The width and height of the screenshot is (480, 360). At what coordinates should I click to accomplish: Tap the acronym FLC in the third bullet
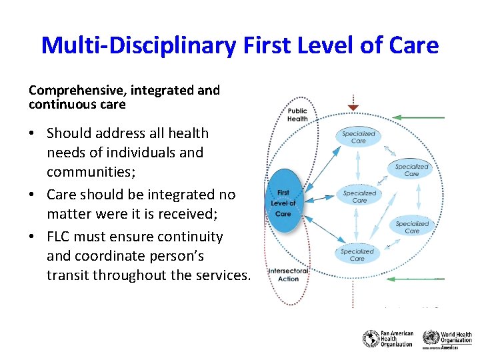click(59, 237)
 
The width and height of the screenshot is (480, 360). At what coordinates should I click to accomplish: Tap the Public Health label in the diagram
click(297, 115)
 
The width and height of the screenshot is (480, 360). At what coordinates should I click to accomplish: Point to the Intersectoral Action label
click(288, 275)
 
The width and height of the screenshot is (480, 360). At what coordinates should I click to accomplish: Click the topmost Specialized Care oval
click(359, 137)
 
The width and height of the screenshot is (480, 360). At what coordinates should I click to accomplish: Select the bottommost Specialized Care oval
click(357, 255)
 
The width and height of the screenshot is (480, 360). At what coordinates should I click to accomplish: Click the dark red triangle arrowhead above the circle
click(353, 107)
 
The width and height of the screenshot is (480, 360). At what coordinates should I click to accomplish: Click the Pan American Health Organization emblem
click(371, 339)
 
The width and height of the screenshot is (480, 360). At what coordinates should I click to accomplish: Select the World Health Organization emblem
click(431, 337)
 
